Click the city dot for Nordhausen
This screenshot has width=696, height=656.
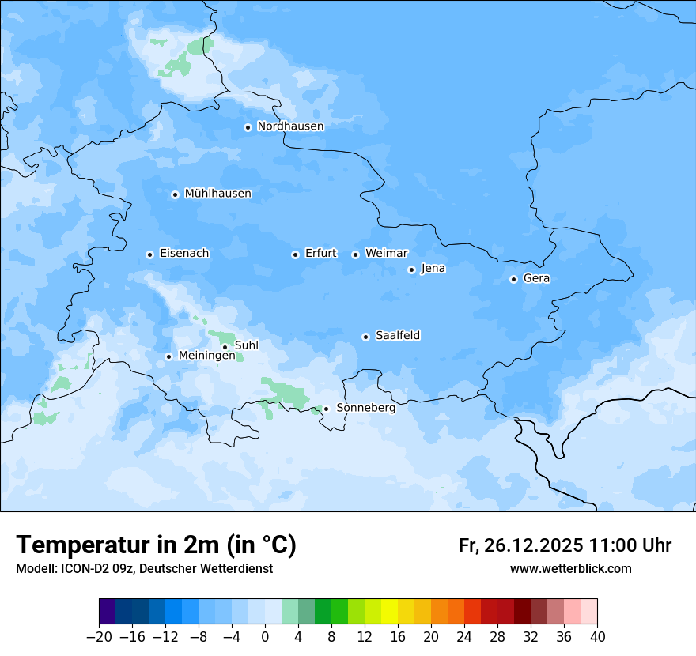point(248,127)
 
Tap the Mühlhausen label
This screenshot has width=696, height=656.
point(217,194)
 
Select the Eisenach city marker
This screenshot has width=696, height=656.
point(149,254)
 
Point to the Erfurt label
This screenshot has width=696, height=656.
point(320,254)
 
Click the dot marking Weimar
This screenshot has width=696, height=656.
point(355,254)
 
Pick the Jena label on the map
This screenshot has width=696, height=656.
point(433,269)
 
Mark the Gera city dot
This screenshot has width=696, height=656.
point(513,279)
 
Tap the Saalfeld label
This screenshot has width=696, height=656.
point(397,336)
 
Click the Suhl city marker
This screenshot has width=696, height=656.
point(225,347)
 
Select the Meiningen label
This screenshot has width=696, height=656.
point(206,356)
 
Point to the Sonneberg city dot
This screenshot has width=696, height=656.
point(326,409)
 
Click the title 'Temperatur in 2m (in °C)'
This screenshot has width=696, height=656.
point(156,545)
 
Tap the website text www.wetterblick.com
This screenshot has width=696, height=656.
point(570,569)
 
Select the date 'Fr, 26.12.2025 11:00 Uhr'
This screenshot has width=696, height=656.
point(565,545)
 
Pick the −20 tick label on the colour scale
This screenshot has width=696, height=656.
point(99,637)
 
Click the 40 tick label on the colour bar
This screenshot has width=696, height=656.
point(597,637)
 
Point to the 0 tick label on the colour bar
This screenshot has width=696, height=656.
point(265,637)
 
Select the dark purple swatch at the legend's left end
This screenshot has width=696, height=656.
point(108,612)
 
